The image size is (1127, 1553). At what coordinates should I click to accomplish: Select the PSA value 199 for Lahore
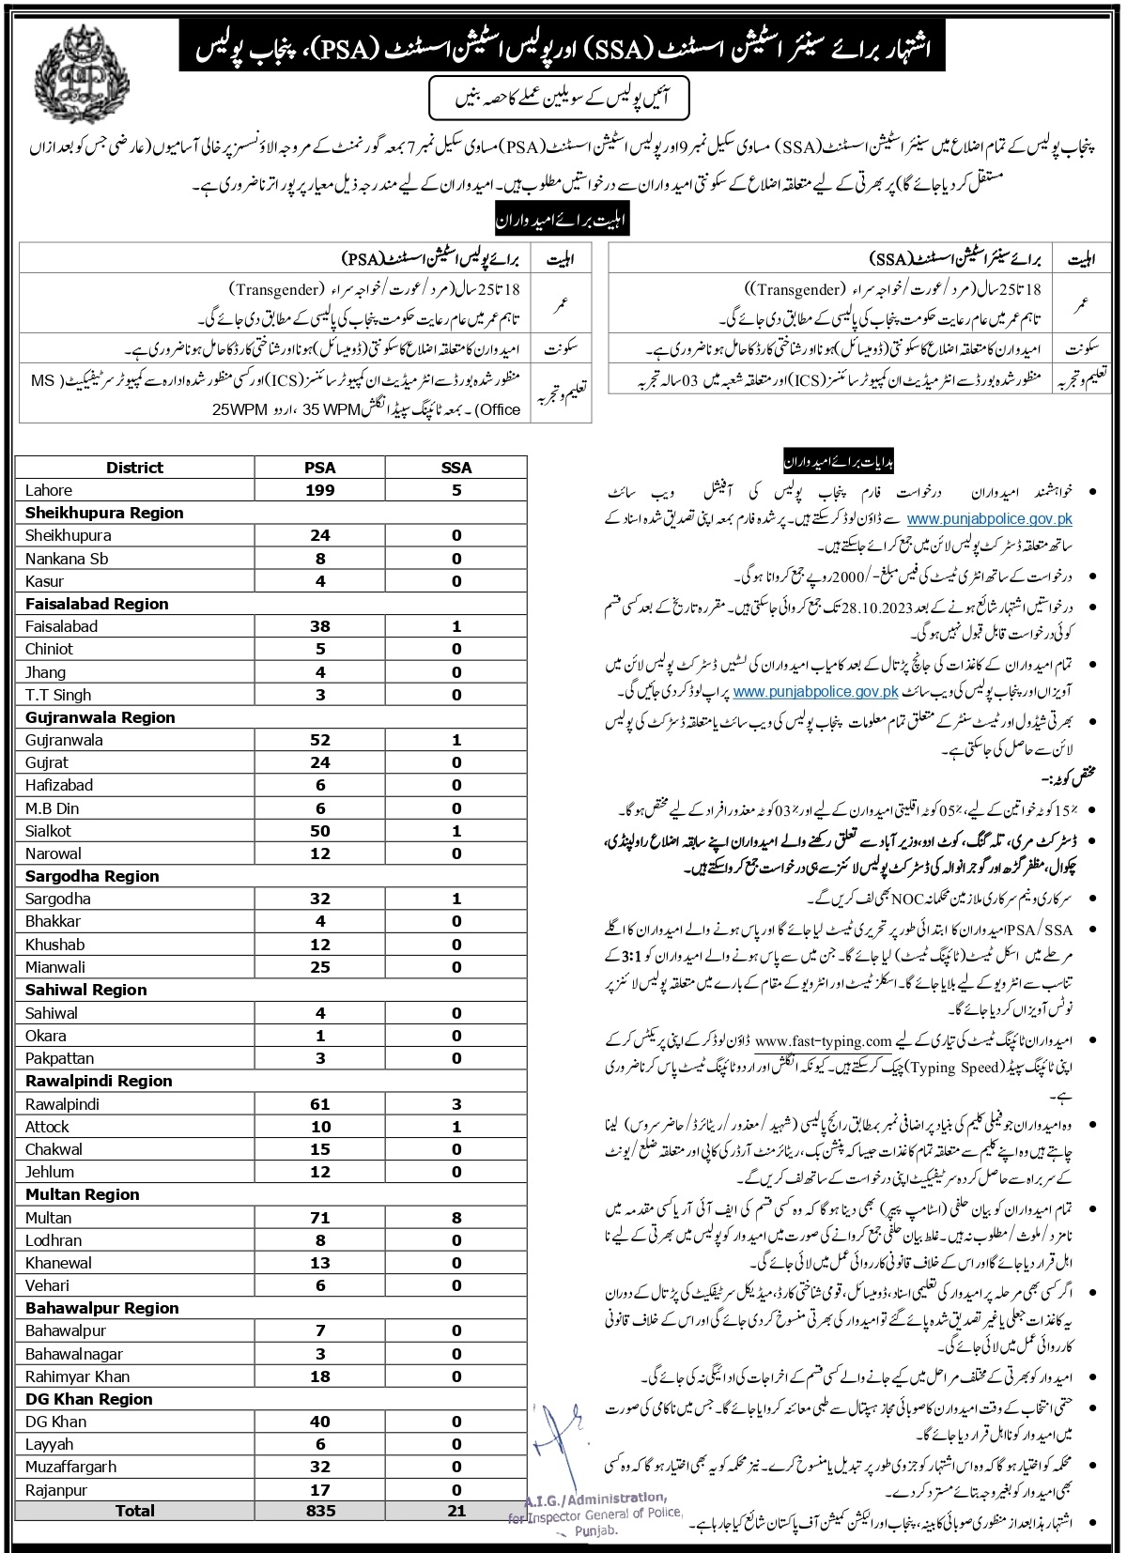(x=320, y=490)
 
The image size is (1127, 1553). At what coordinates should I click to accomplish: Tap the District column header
(x=134, y=468)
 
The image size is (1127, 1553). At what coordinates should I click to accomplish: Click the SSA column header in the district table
(x=456, y=468)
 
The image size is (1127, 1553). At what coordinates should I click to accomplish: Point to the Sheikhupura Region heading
(x=104, y=513)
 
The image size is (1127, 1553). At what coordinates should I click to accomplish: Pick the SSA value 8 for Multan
(x=456, y=1218)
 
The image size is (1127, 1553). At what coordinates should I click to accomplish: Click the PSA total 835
(x=320, y=1511)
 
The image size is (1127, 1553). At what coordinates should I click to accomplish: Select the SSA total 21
(x=456, y=1511)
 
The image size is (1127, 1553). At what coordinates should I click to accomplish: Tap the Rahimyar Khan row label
(x=78, y=1376)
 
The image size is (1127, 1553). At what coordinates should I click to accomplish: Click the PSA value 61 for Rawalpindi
(x=320, y=1104)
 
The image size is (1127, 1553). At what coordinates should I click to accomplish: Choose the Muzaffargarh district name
(x=71, y=1467)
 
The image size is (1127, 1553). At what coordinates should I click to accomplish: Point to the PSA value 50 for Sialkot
(x=320, y=831)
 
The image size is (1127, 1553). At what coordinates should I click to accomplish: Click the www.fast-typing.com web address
(x=823, y=1040)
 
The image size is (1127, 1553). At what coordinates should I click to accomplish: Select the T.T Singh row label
(x=58, y=695)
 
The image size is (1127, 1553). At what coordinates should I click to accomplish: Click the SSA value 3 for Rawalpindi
(x=456, y=1104)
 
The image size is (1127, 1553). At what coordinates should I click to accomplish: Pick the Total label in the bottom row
(x=134, y=1511)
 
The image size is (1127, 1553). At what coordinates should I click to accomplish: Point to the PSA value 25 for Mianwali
(x=320, y=967)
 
